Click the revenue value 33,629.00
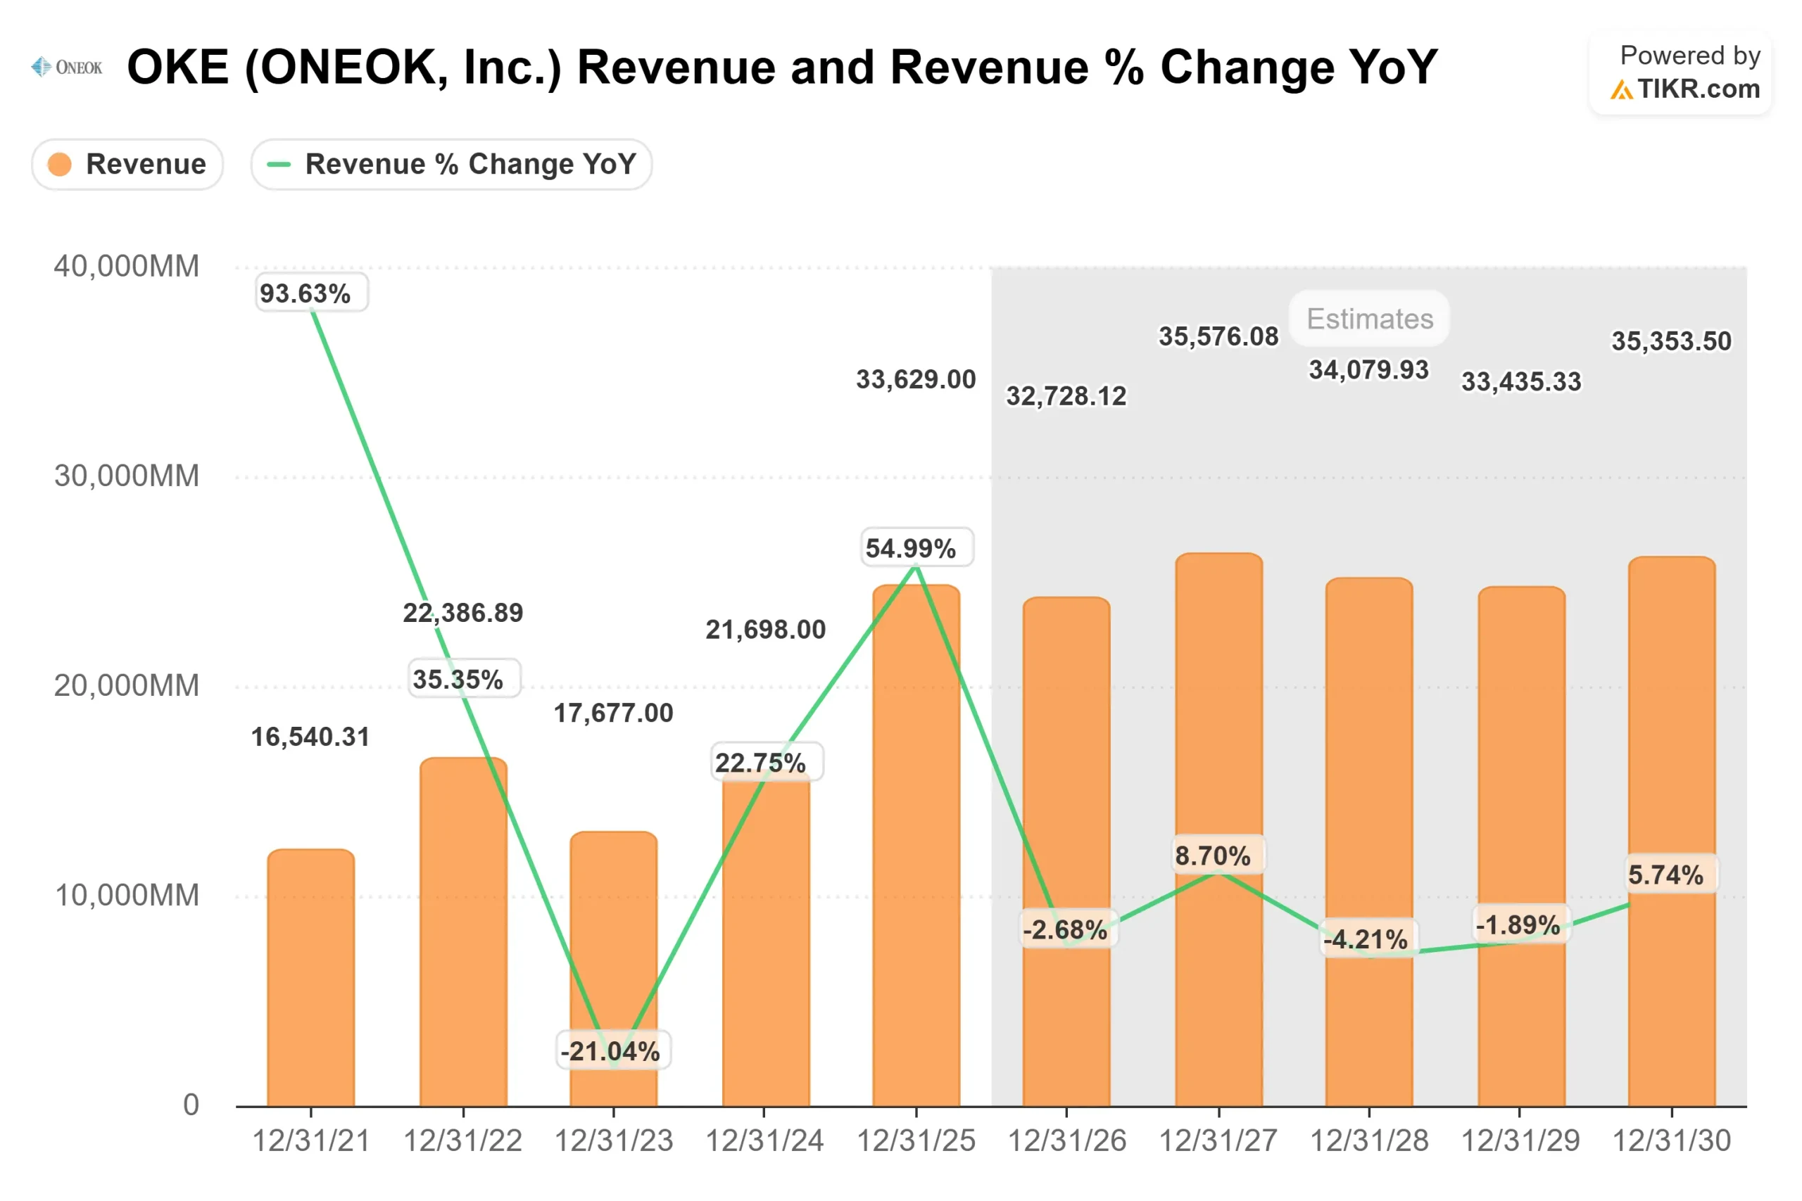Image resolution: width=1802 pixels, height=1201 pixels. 916,379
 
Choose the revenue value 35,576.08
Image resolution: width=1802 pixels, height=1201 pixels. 1218,336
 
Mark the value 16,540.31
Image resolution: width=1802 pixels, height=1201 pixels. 310,737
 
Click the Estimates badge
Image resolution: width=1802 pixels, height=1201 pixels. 1369,319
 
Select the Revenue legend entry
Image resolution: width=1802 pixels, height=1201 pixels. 127,164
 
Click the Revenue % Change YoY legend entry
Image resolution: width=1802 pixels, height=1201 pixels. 451,164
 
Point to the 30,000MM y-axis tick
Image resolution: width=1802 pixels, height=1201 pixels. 127,476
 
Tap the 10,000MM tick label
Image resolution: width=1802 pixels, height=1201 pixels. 127,896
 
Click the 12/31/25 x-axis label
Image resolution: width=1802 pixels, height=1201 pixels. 916,1141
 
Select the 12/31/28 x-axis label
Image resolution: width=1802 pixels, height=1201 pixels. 1369,1141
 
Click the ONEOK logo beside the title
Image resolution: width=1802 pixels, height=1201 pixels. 67,68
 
